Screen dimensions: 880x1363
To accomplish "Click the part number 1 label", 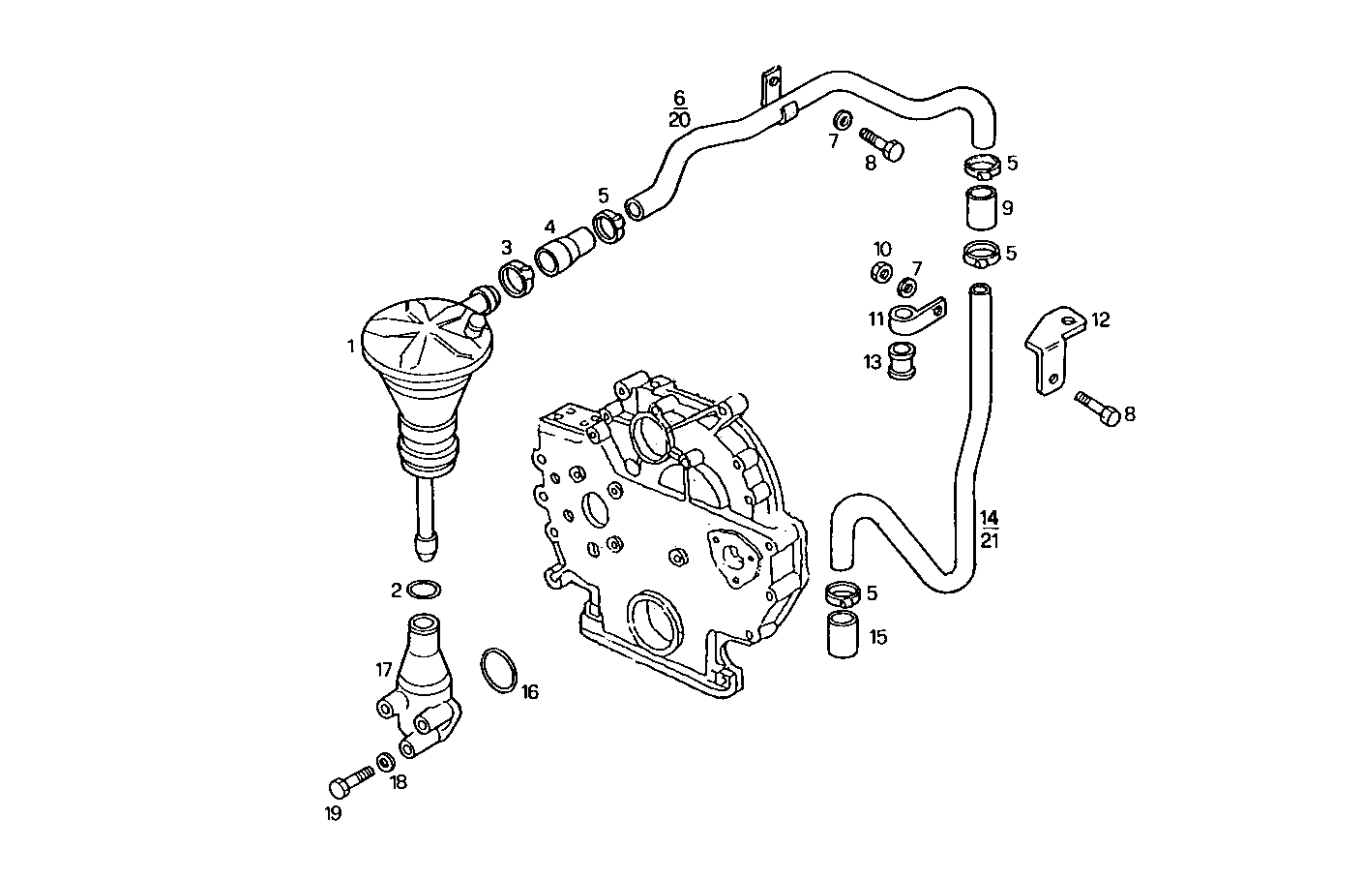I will click(352, 345).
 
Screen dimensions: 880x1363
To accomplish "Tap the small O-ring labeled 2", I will click(424, 589).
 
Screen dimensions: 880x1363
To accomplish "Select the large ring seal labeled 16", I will click(499, 671).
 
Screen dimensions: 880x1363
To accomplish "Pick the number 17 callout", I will click(384, 668).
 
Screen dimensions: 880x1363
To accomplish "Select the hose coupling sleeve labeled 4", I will click(565, 253).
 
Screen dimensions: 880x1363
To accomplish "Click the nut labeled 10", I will click(881, 273).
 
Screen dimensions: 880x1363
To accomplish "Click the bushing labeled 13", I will click(903, 360).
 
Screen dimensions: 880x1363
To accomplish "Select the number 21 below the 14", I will click(989, 540).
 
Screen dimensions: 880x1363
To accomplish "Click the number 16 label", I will click(529, 692).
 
